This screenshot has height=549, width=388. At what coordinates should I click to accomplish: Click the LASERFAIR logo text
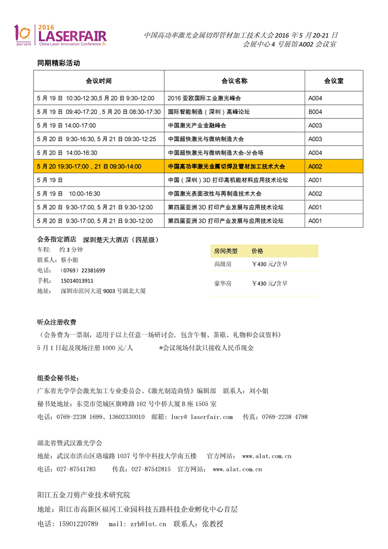tap(72, 35)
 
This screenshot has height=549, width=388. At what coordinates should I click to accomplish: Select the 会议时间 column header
tap(98, 81)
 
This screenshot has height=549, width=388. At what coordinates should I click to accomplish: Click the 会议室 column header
tap(334, 81)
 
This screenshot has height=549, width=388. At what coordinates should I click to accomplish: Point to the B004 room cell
tap(315, 112)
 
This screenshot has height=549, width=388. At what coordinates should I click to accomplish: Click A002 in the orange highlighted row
tap(315, 166)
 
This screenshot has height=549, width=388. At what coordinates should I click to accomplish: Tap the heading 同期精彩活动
tap(59, 63)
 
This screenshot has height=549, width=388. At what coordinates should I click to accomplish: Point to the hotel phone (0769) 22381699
tap(82, 270)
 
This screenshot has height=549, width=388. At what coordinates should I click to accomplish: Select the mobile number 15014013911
tap(77, 281)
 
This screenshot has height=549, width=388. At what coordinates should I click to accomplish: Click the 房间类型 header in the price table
tap(226, 251)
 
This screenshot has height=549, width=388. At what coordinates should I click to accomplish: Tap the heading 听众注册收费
tap(57, 322)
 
